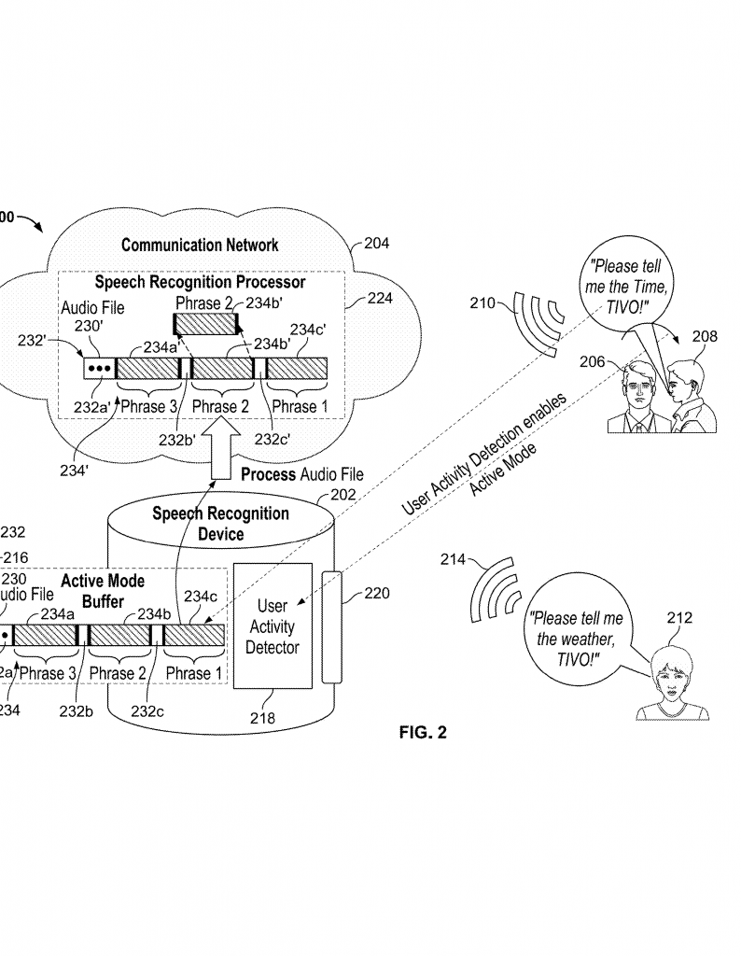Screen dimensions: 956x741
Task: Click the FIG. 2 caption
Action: point(423,733)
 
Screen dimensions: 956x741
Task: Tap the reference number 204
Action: point(377,244)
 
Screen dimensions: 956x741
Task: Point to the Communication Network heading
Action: point(200,246)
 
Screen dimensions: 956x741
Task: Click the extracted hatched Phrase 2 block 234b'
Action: point(205,325)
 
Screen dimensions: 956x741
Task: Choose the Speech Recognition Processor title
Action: point(200,281)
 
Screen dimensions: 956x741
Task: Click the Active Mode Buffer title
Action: point(103,591)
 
